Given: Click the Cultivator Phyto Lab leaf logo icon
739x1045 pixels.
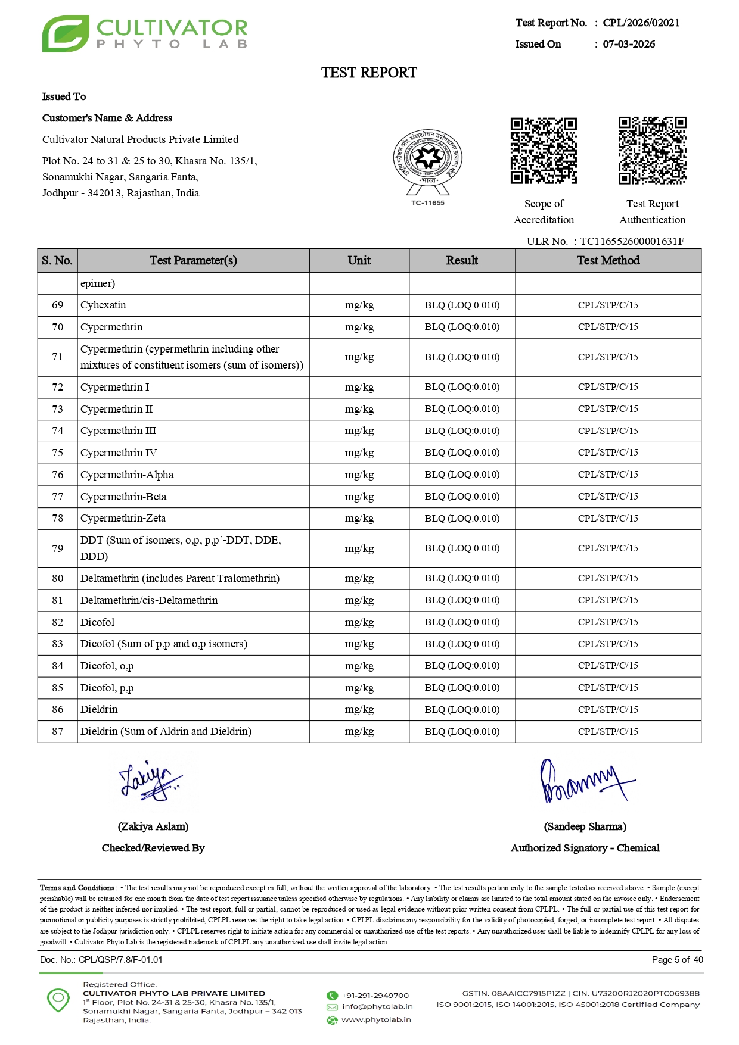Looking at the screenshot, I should click(66, 34).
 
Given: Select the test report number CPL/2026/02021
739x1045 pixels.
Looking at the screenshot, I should click(641, 23).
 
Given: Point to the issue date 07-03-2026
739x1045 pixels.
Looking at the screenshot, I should click(629, 44).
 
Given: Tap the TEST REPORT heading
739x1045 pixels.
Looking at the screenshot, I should click(369, 73).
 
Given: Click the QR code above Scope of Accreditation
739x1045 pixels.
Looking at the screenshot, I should click(544, 151).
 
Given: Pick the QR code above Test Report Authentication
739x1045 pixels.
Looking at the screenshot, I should click(652, 151).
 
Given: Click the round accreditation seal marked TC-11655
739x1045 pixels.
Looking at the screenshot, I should click(427, 160).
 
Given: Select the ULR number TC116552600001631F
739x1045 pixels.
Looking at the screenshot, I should click(632, 241).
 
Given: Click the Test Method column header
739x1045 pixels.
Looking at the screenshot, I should click(608, 260).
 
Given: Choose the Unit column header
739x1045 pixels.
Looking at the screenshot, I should click(359, 260).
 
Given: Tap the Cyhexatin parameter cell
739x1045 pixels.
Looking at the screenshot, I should click(103, 305).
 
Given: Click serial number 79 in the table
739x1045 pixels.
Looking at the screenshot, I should click(57, 548).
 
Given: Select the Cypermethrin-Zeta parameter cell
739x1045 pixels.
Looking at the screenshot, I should click(123, 518).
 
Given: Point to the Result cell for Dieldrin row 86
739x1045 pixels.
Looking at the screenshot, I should click(462, 709).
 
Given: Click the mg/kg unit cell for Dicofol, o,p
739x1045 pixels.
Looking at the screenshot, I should click(359, 666).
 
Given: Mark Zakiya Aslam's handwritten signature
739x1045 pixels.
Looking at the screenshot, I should click(150, 781).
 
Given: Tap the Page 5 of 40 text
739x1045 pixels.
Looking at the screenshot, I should click(677, 960).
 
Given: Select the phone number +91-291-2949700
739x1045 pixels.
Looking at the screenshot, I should click(375, 996).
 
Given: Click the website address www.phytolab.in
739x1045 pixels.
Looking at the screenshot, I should click(376, 1019).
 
